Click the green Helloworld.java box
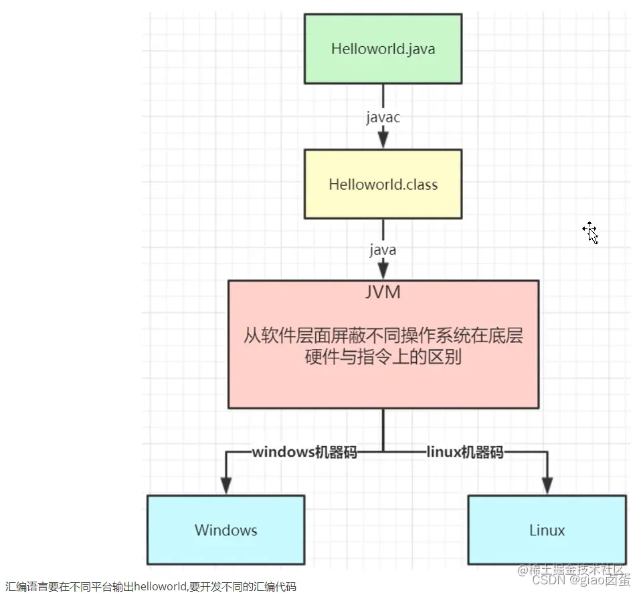click(x=383, y=49)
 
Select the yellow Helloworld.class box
click(x=383, y=184)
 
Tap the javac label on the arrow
click(x=383, y=118)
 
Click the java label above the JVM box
click(x=383, y=250)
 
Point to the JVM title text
click(x=383, y=292)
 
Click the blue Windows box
click(x=225, y=530)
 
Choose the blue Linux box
click(x=547, y=530)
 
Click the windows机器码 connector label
click(x=304, y=453)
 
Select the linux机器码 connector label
click(x=464, y=453)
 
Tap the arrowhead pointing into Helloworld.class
click(x=383, y=140)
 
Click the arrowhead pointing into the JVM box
click(x=383, y=271)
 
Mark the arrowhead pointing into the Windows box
click(x=226, y=485)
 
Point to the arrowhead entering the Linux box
click(x=547, y=485)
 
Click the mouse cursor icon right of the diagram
click(x=591, y=232)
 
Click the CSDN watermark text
click(x=536, y=580)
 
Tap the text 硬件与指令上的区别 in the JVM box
click(x=383, y=358)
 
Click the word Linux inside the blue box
click(x=547, y=530)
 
